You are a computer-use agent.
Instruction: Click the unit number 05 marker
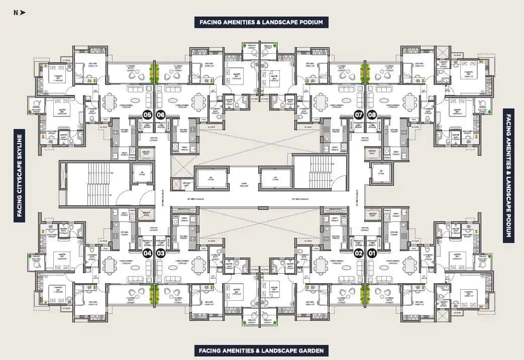point(148,114)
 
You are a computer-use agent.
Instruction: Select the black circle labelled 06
point(161,114)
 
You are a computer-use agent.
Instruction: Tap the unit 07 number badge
point(359,114)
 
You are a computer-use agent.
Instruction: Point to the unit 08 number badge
point(372,114)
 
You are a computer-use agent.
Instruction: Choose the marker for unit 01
point(372,253)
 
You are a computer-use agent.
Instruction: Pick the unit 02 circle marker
point(359,253)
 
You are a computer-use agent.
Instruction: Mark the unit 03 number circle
point(161,253)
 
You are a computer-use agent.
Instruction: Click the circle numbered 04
point(148,253)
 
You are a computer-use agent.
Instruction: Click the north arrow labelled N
point(20,13)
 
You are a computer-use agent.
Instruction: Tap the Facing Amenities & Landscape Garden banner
point(261,350)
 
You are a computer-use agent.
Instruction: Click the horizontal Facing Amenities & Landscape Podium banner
point(262,22)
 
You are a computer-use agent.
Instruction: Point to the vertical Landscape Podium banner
point(508,176)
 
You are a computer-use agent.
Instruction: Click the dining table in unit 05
point(110,102)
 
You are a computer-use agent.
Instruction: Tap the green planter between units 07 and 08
point(365,73)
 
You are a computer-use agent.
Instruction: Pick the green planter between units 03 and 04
point(154,294)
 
